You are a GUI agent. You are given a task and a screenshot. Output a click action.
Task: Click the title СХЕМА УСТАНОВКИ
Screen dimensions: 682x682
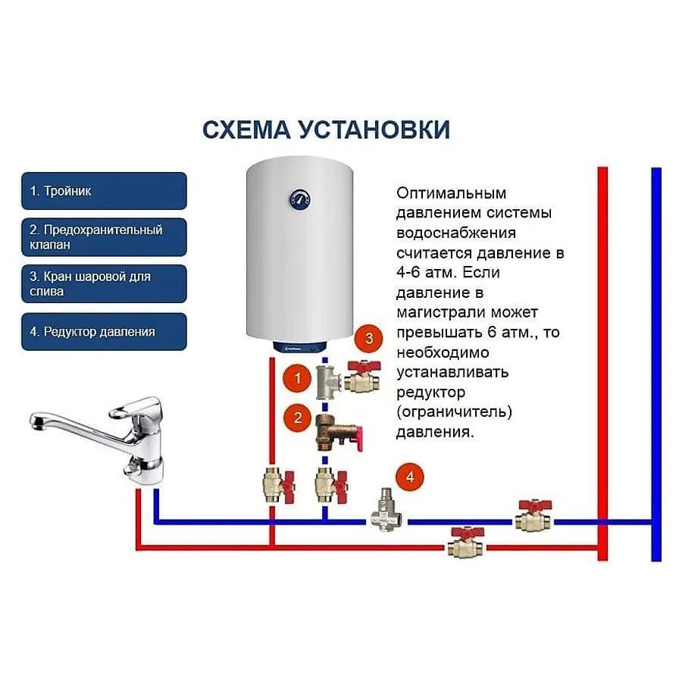pos(326,130)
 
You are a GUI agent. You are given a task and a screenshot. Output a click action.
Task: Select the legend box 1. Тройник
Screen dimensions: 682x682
pos(104,191)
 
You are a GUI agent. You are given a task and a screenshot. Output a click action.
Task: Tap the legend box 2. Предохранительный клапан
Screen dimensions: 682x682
pos(104,237)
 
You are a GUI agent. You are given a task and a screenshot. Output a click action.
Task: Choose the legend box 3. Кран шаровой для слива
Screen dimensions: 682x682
pos(104,283)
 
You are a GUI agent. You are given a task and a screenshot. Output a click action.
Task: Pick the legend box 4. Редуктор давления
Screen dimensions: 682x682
pos(104,331)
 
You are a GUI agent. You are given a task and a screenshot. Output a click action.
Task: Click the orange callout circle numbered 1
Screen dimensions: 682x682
pos(298,377)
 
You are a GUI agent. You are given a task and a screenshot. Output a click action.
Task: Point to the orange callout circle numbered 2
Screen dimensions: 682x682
pos(298,418)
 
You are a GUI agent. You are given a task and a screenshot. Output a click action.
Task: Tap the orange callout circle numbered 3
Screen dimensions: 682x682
pos(369,339)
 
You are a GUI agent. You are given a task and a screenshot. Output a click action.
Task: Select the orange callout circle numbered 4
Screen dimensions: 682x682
pos(410,477)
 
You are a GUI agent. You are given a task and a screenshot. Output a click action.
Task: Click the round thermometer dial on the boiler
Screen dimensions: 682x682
pos(299,200)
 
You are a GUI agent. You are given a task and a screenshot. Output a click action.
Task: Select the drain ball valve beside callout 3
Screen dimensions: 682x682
pos(361,377)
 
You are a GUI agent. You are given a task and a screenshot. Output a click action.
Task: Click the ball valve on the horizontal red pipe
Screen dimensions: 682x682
pos(465,543)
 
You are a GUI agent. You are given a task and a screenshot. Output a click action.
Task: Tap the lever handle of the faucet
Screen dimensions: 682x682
pos(133,410)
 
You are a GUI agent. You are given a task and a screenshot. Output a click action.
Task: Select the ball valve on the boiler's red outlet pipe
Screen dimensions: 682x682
pos(274,483)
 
